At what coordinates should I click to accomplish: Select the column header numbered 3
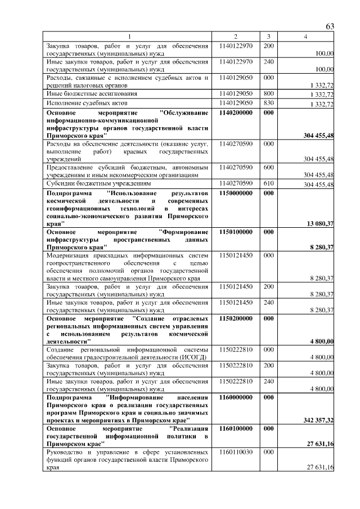pyautogui.click(x=268, y=37)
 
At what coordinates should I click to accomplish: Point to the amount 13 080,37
pyautogui.click(x=320, y=224)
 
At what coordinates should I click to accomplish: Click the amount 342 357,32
pyautogui.click(x=318, y=420)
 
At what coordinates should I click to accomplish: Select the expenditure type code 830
pyautogui.click(x=268, y=103)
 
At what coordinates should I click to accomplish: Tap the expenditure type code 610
pyautogui.click(x=268, y=183)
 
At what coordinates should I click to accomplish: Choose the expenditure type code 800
pyautogui.click(x=268, y=93)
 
